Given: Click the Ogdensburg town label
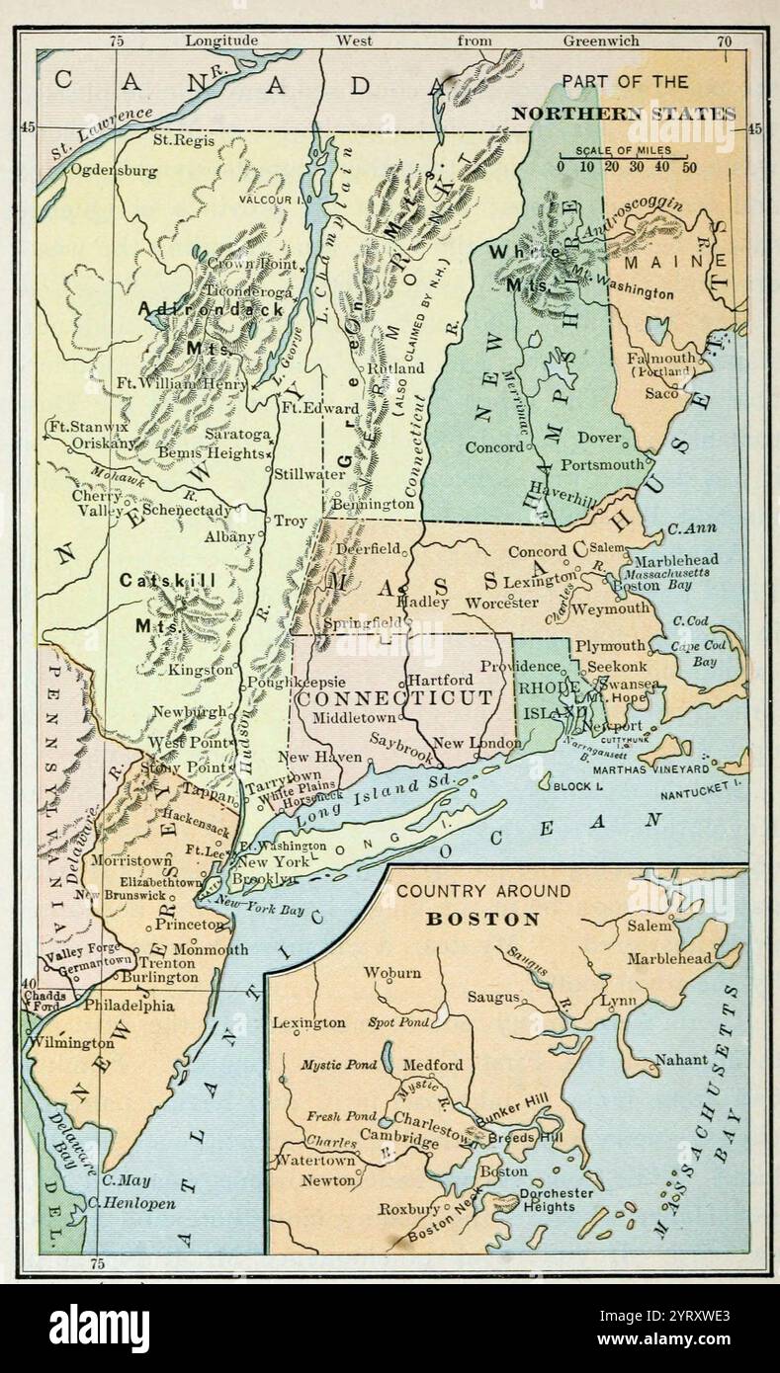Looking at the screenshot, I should pyautogui.click(x=113, y=170).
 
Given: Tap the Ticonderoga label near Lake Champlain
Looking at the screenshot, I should pyautogui.click(x=251, y=292).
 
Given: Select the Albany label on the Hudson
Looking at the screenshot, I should pyautogui.click(x=229, y=534).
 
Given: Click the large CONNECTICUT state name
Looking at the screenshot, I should pyautogui.click(x=394, y=697).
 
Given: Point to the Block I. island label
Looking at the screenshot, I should pyautogui.click(x=578, y=786).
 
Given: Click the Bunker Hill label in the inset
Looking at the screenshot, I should pyautogui.click(x=508, y=1118).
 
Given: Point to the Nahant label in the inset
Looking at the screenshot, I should pyautogui.click(x=680, y=1060).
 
